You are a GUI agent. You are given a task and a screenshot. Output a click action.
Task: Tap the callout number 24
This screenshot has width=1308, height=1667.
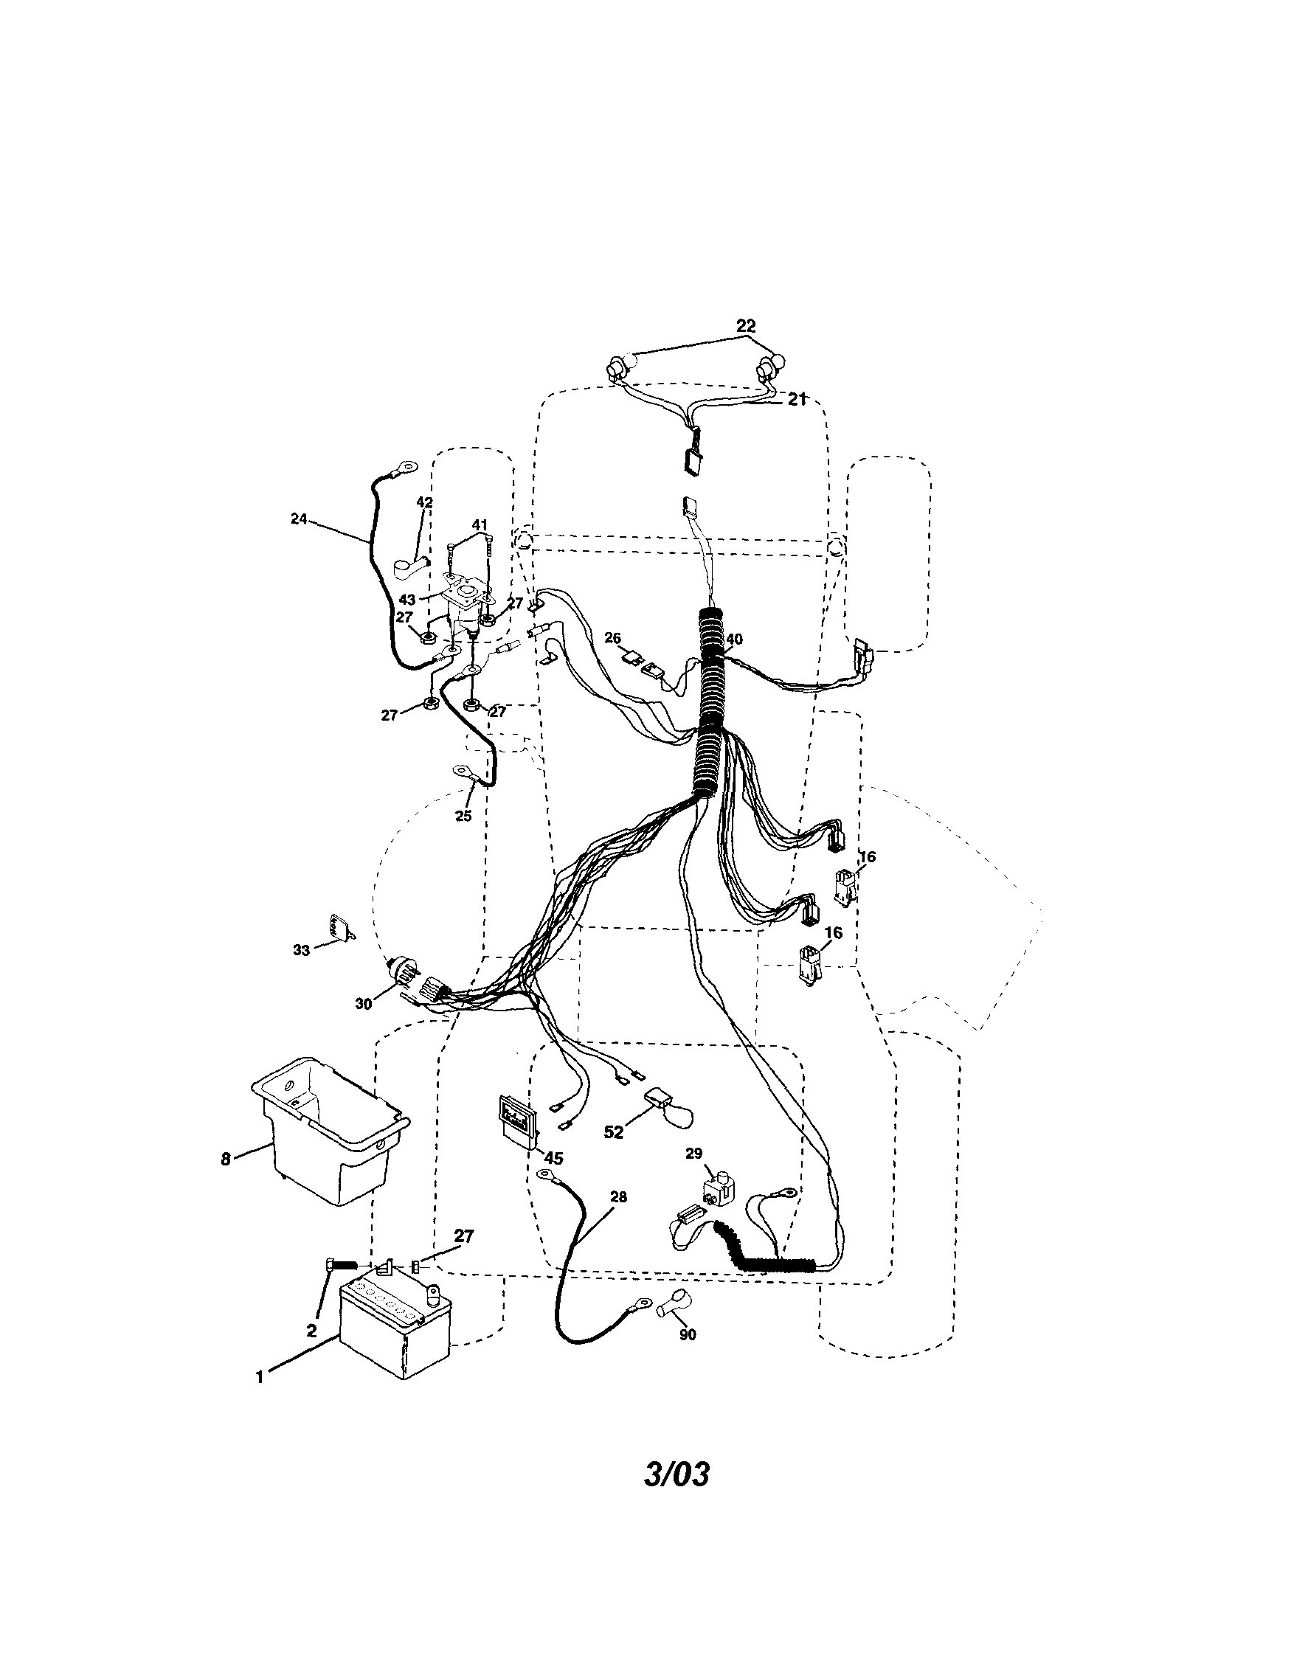point(299,519)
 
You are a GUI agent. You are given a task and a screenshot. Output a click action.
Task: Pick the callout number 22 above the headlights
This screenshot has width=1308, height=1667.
point(746,325)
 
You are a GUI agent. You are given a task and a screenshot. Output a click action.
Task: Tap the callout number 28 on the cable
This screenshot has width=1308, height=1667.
point(618,1197)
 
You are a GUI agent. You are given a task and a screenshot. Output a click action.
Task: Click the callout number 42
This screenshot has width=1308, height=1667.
point(424,503)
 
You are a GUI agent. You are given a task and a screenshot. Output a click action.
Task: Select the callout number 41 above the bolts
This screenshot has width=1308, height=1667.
point(480,525)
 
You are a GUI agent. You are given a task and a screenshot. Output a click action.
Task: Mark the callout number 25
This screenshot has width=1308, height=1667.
point(463,816)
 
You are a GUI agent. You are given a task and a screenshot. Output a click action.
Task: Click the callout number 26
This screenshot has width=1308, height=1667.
point(612,638)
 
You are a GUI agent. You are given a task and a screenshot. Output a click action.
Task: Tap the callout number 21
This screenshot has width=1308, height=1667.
point(797,399)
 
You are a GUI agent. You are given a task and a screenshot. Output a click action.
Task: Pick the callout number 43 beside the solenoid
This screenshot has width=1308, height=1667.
point(407,600)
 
